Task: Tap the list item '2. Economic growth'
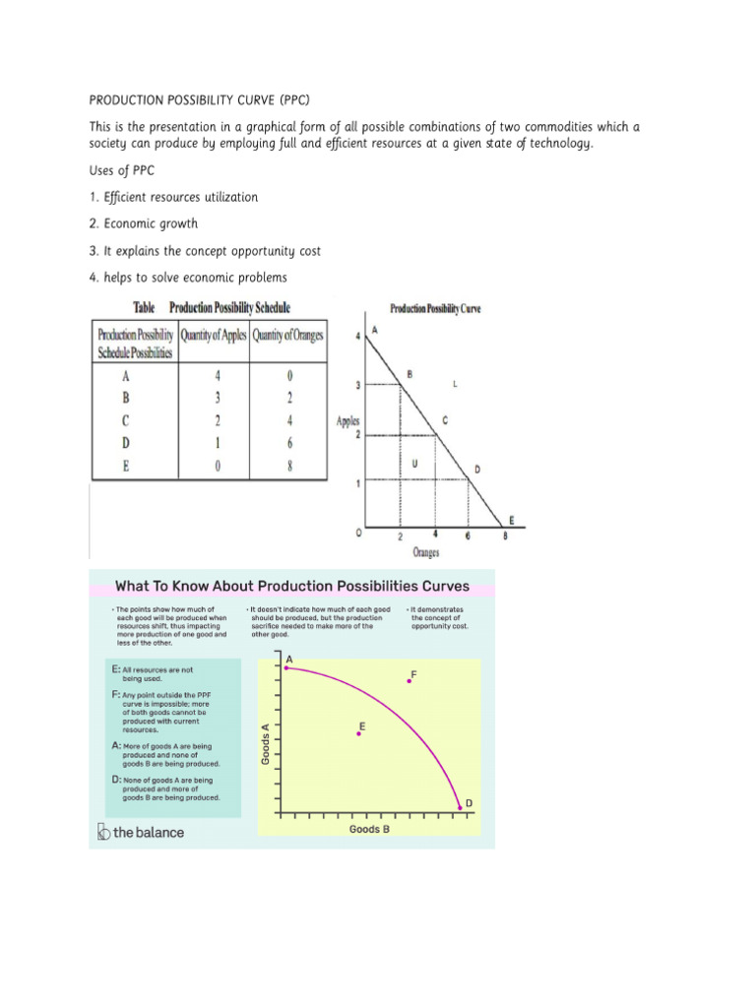144,223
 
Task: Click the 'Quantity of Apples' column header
214,336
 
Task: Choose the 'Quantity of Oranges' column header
287,336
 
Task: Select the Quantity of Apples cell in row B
216,398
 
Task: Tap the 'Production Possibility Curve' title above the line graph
435,308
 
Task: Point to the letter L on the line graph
454,382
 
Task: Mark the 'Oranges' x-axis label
426,553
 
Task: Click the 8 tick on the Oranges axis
506,536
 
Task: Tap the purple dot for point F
409,681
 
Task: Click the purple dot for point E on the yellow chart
358,733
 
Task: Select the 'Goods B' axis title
370,829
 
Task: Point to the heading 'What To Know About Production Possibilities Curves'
292,587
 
